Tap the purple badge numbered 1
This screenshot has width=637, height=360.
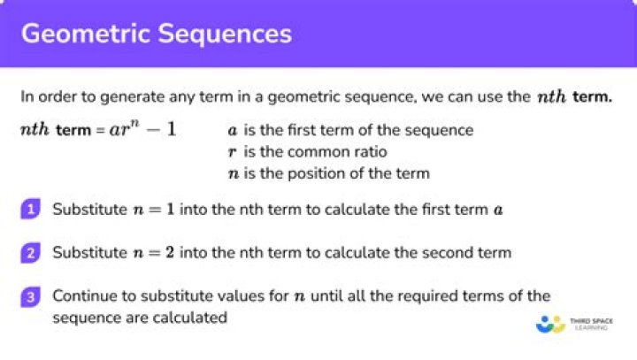click(31, 210)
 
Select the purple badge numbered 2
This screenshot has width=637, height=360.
click(31, 253)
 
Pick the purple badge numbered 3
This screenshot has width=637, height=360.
click(31, 297)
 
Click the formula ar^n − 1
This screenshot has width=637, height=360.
click(142, 129)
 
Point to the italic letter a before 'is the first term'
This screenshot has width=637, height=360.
click(233, 130)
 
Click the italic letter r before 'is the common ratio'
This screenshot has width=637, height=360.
click(233, 152)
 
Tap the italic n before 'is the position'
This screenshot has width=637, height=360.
click(234, 173)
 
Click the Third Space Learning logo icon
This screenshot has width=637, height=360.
click(550, 325)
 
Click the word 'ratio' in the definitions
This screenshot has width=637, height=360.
click(370, 152)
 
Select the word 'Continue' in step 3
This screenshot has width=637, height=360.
click(81, 295)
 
